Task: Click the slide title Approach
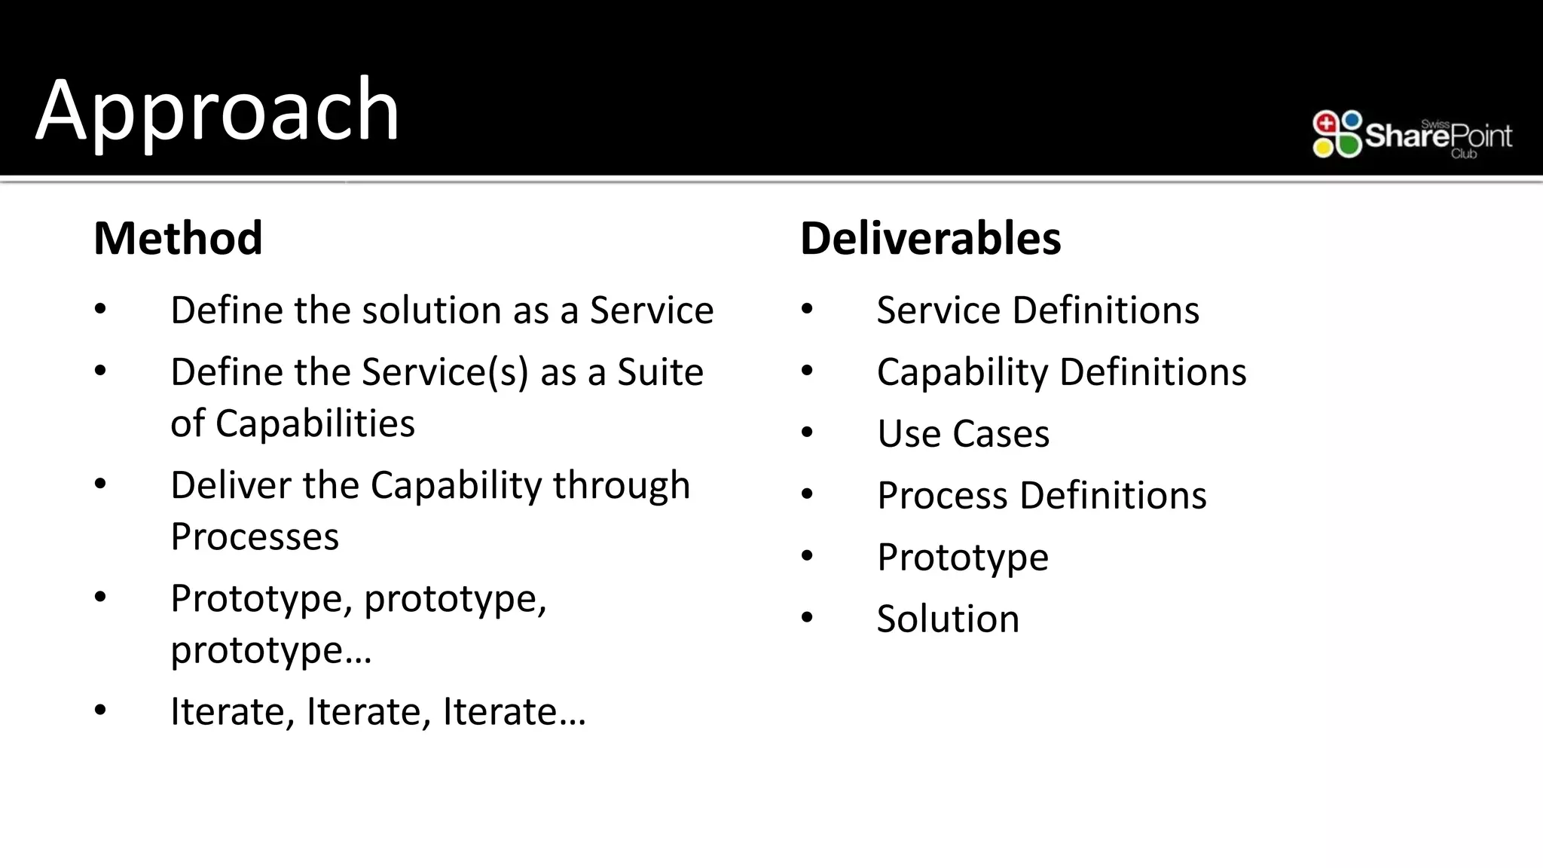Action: tap(217, 112)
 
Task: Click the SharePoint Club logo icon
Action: tap(1337, 134)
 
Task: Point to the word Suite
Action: tap(660, 372)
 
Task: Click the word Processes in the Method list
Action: tap(255, 536)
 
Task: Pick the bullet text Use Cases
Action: tap(963, 434)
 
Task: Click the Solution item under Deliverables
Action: tap(948, 619)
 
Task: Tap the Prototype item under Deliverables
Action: tap(962, 558)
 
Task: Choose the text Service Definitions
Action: tap(1037, 310)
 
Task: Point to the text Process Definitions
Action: tap(1041, 496)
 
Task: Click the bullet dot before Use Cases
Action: tap(808, 432)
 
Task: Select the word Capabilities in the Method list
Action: tap(315, 423)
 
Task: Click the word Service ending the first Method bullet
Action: tap(651, 310)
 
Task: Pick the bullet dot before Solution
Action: tap(808, 618)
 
